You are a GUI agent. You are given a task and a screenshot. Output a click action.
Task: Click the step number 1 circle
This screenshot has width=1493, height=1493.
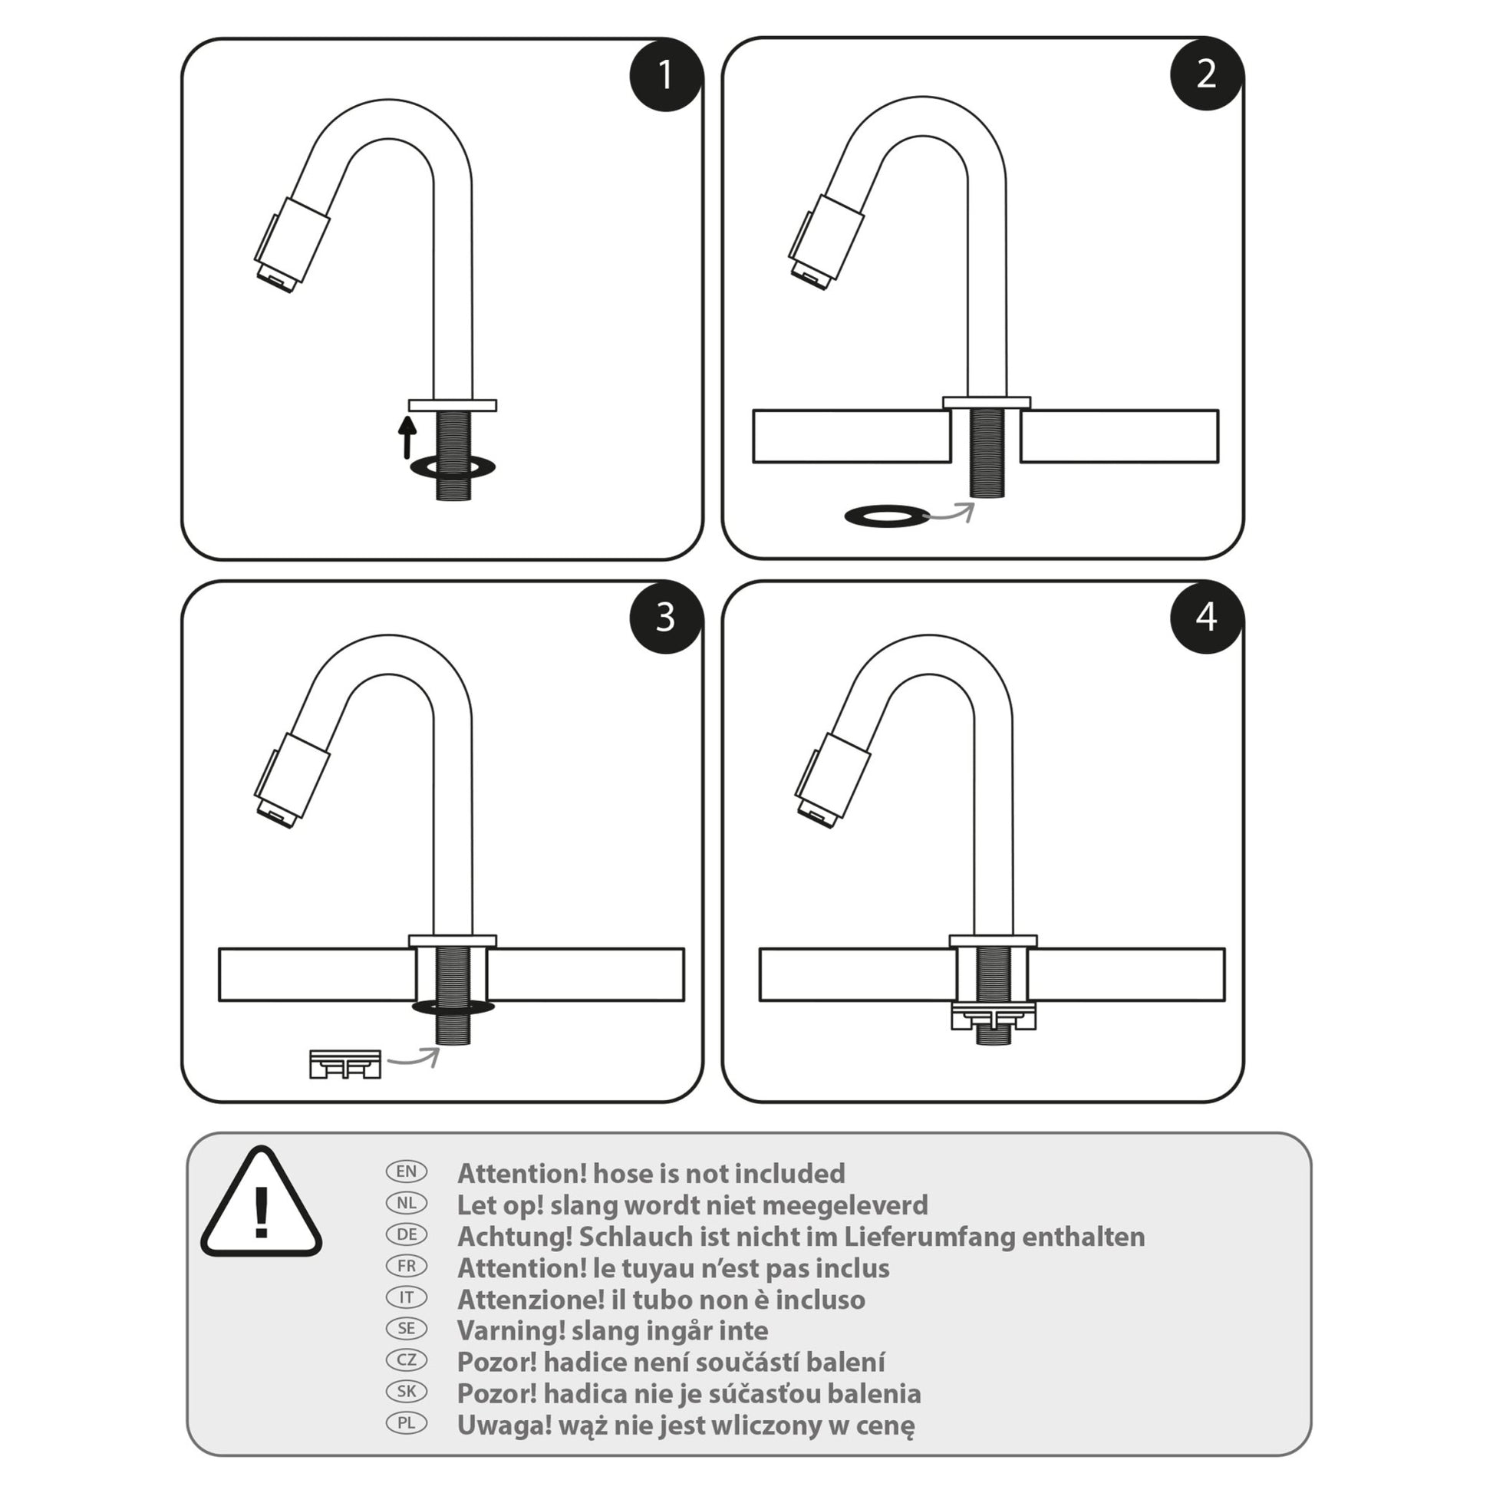(x=665, y=75)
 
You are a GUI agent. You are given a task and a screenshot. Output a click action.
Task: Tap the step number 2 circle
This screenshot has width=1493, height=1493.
(x=1205, y=74)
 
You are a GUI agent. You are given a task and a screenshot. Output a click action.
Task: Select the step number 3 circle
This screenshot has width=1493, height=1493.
(x=665, y=617)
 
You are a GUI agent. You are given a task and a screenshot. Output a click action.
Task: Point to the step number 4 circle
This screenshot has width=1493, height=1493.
(x=1205, y=617)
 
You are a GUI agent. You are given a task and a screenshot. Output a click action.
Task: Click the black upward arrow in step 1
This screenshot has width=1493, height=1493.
(x=407, y=437)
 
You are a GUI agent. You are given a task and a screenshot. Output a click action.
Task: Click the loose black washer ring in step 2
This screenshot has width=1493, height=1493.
(x=886, y=516)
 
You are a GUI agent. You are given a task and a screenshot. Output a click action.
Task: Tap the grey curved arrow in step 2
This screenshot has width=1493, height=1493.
(x=952, y=512)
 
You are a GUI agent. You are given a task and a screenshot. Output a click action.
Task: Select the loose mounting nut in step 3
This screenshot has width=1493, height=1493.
(x=344, y=1063)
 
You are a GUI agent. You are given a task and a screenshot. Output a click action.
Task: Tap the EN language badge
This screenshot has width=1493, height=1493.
(x=407, y=1171)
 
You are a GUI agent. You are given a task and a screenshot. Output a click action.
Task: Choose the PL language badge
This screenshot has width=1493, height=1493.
(x=407, y=1422)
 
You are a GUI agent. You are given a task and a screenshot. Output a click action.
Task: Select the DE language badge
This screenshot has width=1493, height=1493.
(x=407, y=1234)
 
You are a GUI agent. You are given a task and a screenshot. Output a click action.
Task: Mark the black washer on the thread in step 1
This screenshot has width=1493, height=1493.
(x=453, y=466)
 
